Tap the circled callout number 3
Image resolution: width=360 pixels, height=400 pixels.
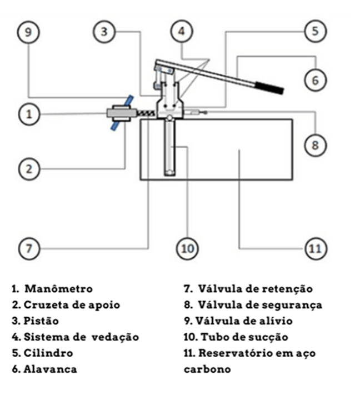pyautogui.click(x=103, y=32)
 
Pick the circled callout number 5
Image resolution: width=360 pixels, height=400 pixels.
pyautogui.click(x=315, y=31)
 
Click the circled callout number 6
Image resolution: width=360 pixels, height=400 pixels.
pyautogui.click(x=315, y=80)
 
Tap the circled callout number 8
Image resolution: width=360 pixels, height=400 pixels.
pyautogui.click(x=315, y=145)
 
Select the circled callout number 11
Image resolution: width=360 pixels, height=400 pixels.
pyautogui.click(x=315, y=248)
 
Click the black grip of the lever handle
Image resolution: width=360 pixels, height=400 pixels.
pyautogui.click(x=269, y=87)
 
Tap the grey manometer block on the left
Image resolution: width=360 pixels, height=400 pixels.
pyautogui.click(x=118, y=113)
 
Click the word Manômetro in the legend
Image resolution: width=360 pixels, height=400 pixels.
pyautogui.click(x=58, y=289)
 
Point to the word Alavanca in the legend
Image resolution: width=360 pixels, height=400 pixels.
pyautogui.click(x=50, y=369)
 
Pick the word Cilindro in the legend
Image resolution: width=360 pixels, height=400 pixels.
pyautogui.click(x=48, y=353)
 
